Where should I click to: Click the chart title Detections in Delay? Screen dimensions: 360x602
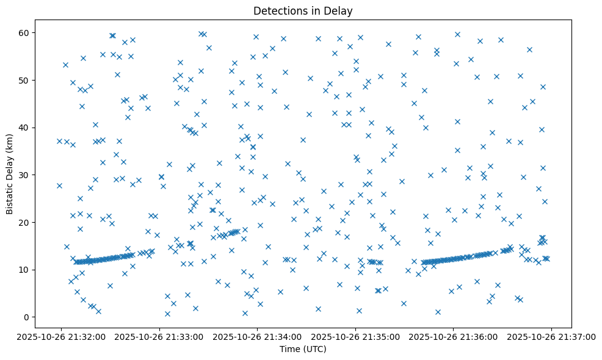point(303,11)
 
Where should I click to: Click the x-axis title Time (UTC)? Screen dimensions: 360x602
point(303,350)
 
